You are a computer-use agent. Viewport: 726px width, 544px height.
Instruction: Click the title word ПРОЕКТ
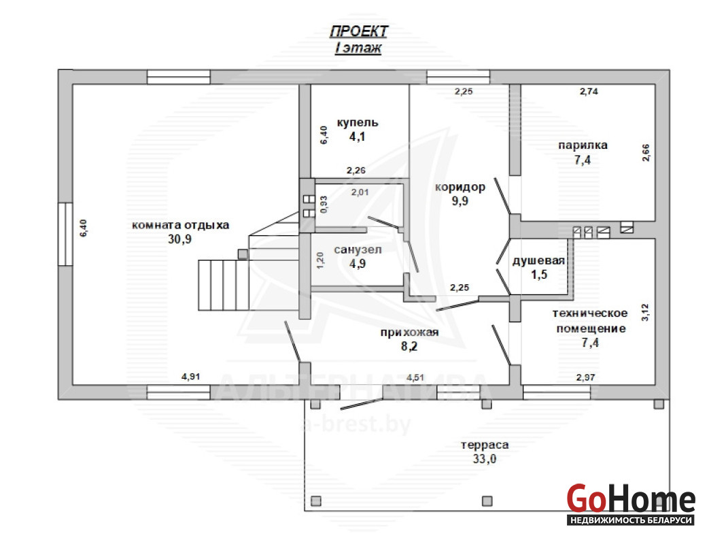click(x=358, y=31)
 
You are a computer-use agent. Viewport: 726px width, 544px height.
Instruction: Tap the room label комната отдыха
click(x=181, y=226)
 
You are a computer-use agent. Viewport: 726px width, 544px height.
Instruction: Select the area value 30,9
click(x=179, y=239)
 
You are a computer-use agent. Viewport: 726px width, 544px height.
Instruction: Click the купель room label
click(x=358, y=122)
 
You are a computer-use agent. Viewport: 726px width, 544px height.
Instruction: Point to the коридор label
click(x=460, y=187)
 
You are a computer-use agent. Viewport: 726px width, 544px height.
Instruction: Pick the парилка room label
click(x=583, y=146)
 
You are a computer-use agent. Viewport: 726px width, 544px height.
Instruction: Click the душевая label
click(x=538, y=260)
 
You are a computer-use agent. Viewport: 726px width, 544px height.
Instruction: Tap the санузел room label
click(x=358, y=250)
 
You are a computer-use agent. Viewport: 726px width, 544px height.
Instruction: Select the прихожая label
click(x=409, y=333)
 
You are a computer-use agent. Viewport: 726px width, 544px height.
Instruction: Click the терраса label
click(x=485, y=445)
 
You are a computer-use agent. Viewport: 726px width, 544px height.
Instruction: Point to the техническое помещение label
click(x=590, y=321)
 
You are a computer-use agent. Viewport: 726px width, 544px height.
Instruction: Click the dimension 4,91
click(x=191, y=377)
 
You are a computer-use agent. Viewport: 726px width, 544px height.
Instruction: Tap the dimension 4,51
click(x=415, y=377)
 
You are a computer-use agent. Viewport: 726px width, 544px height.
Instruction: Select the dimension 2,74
click(x=589, y=92)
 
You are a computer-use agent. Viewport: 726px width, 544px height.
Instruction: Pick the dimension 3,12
click(x=645, y=313)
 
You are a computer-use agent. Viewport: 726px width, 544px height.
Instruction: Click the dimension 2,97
click(x=586, y=377)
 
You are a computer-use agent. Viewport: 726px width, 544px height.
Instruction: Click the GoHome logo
click(x=631, y=504)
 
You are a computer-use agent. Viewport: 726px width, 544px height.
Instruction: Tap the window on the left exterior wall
click(x=65, y=235)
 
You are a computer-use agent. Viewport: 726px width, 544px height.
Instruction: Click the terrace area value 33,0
click(x=484, y=459)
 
